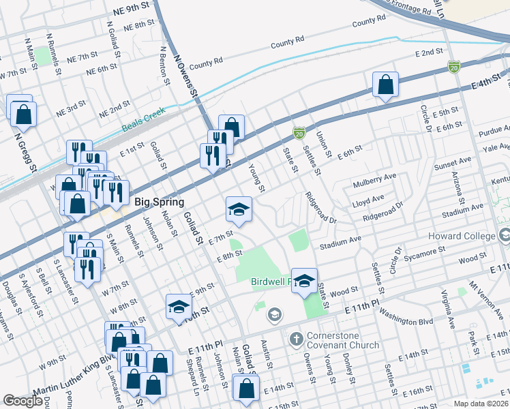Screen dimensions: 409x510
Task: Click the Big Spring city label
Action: click(160, 202)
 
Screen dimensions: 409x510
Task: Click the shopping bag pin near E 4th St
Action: click(385, 85)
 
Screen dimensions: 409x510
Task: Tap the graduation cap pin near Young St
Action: click(239, 209)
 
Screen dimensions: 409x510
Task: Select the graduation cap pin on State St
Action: click(304, 280)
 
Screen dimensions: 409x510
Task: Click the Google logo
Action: click(22, 402)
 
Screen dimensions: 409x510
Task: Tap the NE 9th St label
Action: click(131, 8)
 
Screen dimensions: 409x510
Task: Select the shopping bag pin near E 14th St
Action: click(245, 389)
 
